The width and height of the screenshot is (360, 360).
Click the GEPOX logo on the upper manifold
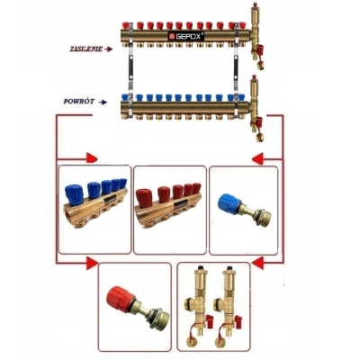tap(186, 36)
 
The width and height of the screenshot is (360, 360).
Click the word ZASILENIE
tap(86, 49)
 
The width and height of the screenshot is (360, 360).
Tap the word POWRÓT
tap(79, 102)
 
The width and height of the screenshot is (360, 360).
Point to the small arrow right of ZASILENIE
tap(109, 49)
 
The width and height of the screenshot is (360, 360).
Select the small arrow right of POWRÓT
tap(103, 103)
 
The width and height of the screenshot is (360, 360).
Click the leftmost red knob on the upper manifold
tap(126, 25)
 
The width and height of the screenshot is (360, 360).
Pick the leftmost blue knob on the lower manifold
tap(125, 97)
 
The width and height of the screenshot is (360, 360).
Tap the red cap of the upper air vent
tap(255, 4)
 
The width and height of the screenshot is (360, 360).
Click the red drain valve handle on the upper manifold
tap(259, 49)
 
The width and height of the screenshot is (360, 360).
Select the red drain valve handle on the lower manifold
tap(258, 121)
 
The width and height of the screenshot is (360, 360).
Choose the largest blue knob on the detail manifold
tap(74, 194)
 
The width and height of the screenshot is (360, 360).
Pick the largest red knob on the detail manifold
tap(144, 198)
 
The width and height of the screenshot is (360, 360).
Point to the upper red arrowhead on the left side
tap(92, 158)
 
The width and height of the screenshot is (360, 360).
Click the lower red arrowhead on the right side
tap(258, 264)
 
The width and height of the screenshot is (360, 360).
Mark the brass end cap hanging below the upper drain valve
tap(260, 65)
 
